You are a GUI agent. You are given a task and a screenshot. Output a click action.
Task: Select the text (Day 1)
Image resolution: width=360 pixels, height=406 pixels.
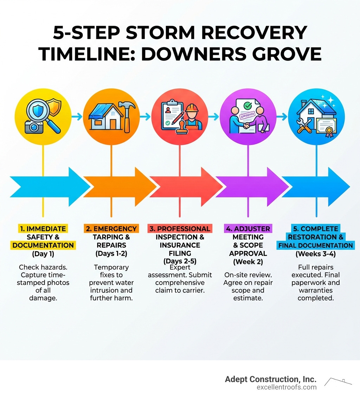(43, 254)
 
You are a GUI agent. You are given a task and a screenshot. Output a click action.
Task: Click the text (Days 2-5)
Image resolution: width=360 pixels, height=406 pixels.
(179, 261)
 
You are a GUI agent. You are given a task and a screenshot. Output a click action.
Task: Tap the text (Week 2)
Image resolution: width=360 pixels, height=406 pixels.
(248, 262)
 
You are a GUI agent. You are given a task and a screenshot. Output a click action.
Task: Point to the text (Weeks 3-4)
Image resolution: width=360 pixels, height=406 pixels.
(316, 253)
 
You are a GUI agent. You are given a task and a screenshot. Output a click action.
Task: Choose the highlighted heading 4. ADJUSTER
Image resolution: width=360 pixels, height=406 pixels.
(248, 229)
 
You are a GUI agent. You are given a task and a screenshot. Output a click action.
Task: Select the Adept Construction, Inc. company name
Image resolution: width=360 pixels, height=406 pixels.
(270, 379)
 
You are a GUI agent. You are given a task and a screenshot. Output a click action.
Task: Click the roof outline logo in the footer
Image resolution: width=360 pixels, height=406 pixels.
(338, 382)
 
